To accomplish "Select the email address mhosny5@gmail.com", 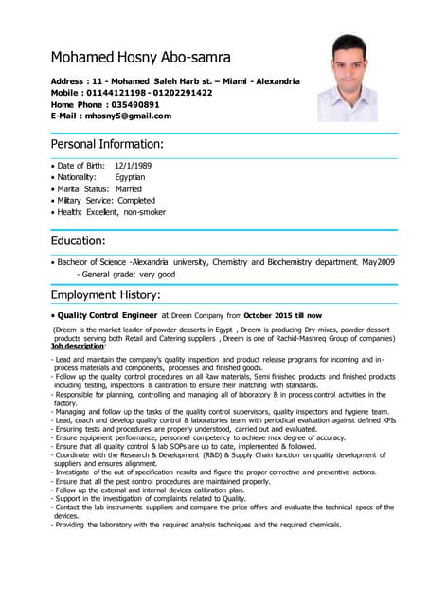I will point(128,116).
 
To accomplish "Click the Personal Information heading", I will point(107,144).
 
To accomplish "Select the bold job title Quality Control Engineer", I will point(108,315).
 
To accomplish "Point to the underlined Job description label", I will point(79,347).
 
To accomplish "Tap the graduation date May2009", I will point(376,261).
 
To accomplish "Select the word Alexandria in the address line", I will point(274,81).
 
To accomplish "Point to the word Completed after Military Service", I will point(136,201).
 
